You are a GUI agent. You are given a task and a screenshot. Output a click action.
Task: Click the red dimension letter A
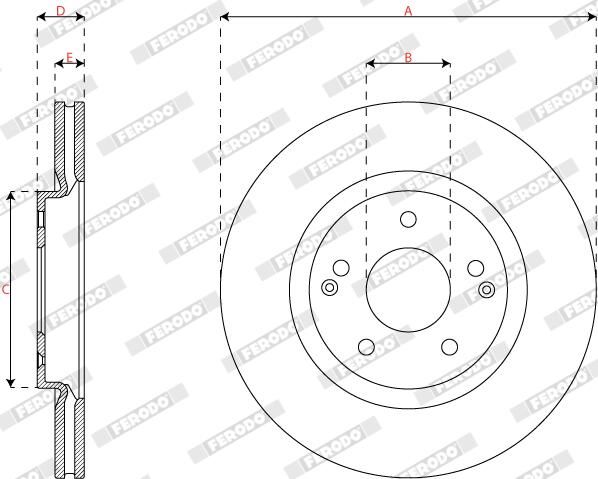[x=408, y=11]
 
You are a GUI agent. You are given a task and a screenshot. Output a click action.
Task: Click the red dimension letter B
[x=408, y=58]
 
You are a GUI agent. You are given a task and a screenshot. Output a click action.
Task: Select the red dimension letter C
[x=5, y=290]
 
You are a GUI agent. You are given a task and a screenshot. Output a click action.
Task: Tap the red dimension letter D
[x=61, y=11]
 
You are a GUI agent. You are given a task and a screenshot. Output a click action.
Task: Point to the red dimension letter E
[x=69, y=58]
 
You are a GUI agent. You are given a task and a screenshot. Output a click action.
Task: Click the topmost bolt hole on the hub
[x=408, y=219]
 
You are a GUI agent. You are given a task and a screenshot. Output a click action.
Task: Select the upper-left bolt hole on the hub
[x=341, y=268]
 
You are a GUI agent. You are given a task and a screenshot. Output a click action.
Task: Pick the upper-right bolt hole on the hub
[x=476, y=268]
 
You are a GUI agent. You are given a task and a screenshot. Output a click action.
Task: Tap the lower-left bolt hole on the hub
[x=367, y=347]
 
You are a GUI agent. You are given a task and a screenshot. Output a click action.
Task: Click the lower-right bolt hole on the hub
[x=450, y=347]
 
